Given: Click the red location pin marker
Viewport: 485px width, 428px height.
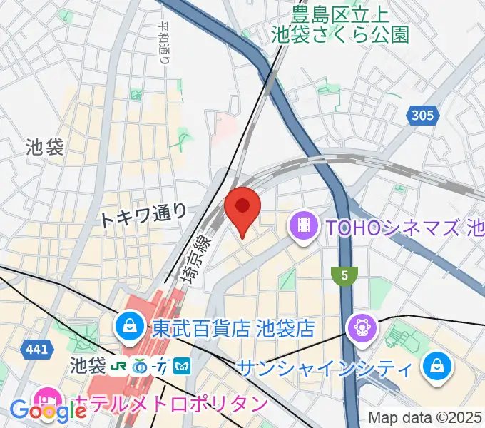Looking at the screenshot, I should tap(242, 208).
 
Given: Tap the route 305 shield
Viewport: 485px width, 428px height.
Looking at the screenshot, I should tap(422, 115).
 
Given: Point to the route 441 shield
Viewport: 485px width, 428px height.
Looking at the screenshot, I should tap(39, 350).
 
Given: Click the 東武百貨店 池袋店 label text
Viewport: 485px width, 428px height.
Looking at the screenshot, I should tap(233, 328).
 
